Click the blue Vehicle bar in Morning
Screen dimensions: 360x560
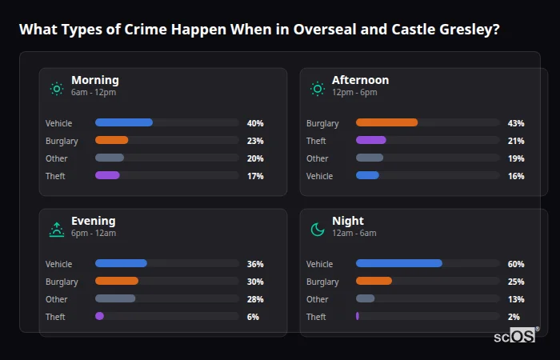(x=124, y=122)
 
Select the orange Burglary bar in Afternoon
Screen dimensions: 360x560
(x=386, y=122)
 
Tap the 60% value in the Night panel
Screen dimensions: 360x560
(x=516, y=264)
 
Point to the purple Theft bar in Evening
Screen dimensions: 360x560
(x=99, y=316)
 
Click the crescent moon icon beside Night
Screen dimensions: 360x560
(x=318, y=230)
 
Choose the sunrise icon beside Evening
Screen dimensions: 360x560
(x=57, y=230)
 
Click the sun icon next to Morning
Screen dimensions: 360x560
(x=57, y=89)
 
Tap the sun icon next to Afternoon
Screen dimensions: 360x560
(x=318, y=89)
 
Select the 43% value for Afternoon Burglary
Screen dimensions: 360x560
(x=516, y=123)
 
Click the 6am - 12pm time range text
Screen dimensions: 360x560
(x=94, y=93)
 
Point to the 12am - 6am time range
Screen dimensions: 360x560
(x=354, y=234)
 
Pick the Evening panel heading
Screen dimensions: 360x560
(x=93, y=221)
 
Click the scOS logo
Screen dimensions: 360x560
(x=516, y=335)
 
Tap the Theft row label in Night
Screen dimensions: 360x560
(x=316, y=317)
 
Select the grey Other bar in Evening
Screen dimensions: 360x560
(x=115, y=298)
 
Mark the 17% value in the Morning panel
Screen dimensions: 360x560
(x=255, y=176)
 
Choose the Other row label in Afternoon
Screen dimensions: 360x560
(x=318, y=158)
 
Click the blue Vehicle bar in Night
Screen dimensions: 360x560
(x=399, y=263)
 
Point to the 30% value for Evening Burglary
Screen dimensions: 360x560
(x=255, y=282)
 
